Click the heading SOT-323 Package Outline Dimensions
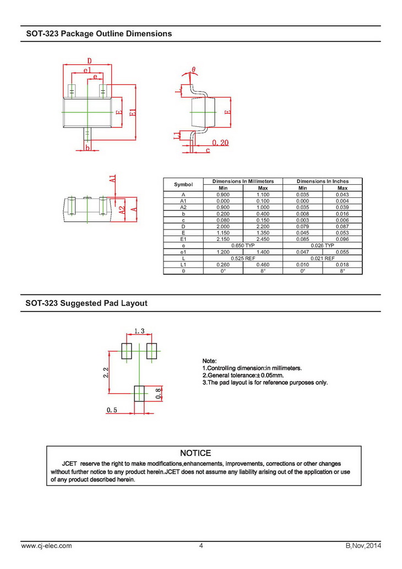point(99,34)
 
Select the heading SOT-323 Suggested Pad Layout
point(86,303)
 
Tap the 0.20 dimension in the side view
point(220,143)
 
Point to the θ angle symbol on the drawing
point(193,70)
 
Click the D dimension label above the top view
point(89,61)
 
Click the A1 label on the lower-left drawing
point(112,179)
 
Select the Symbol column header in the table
point(183,184)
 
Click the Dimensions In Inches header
point(322,181)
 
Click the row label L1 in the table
point(183,265)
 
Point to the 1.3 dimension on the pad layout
point(139,331)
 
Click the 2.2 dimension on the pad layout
point(105,372)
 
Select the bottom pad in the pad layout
point(140,394)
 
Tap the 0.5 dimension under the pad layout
point(112,410)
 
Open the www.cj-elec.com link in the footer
point(46,546)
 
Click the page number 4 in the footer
point(201,546)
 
